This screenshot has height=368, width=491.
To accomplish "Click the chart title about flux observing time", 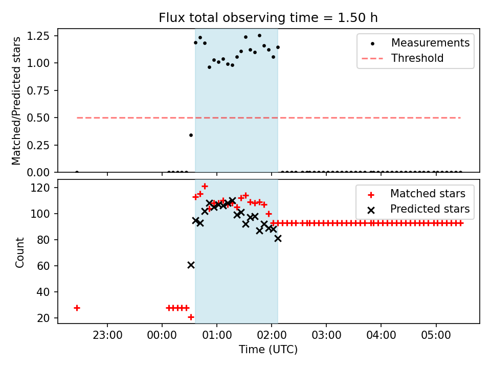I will pyautogui.click(x=268, y=18).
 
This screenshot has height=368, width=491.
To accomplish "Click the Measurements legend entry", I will pyautogui.click(x=430, y=43).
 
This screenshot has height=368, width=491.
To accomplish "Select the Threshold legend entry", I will pyautogui.click(x=417, y=58).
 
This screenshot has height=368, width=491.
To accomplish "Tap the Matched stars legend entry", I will pyautogui.click(x=428, y=194).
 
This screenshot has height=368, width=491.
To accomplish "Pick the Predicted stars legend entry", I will pyautogui.click(x=430, y=209).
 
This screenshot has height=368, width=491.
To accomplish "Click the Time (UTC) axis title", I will pyautogui.click(x=268, y=350).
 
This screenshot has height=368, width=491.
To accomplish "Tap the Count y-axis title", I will pyautogui.click(x=20, y=252).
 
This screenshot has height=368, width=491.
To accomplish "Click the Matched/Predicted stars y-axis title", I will pyautogui.click(x=17, y=101).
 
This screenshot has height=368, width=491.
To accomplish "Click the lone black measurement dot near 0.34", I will pyautogui.click(x=191, y=135).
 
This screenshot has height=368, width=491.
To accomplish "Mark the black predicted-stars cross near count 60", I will pyautogui.click(x=191, y=265).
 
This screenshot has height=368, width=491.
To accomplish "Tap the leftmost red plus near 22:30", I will pyautogui.click(x=77, y=308).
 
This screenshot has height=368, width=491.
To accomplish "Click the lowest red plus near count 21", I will pyautogui.click(x=191, y=317).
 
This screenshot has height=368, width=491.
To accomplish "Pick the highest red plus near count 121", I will pyautogui.click(x=205, y=187).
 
